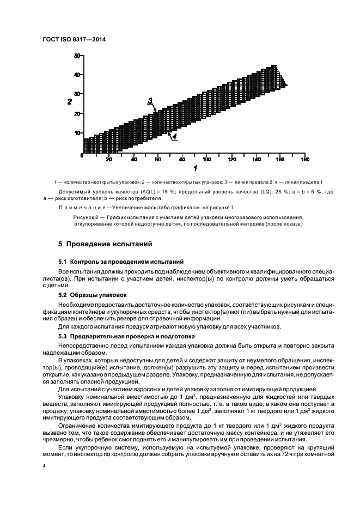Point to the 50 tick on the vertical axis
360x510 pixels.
coord(77,55)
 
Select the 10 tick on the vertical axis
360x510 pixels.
coord(77,133)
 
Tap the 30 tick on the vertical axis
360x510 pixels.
coord(77,94)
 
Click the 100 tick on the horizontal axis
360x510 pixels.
coord(206,159)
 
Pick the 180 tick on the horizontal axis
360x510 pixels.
coord(304,159)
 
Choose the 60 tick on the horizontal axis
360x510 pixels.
coord(157,159)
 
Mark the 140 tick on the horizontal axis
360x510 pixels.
coord(256,159)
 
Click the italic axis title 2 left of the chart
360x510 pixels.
coord(69,102)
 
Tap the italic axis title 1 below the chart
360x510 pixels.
coord(194,168)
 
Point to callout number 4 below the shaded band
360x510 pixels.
coord(174,138)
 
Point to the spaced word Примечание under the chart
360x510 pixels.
coord(84,208)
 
